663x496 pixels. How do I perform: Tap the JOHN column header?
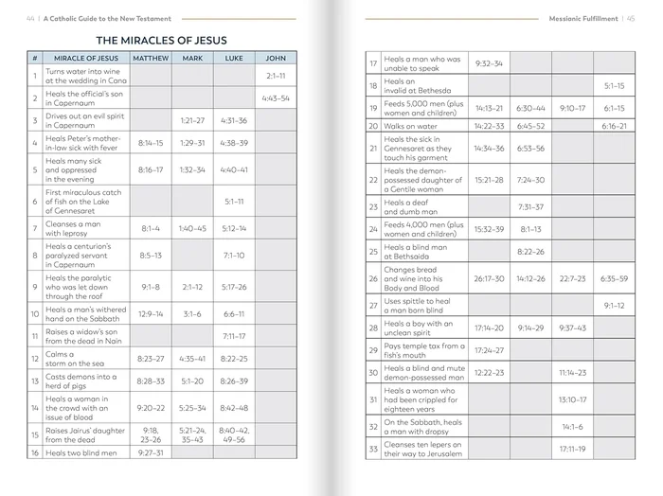[276, 59]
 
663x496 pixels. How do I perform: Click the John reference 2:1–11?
[276, 75]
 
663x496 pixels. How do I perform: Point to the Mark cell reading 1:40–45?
[192, 228]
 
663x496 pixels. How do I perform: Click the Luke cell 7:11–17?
[234, 336]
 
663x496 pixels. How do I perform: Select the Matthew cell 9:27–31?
[151, 452]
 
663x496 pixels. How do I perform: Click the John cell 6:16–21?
[614, 126]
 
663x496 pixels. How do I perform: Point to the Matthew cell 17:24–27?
[489, 350]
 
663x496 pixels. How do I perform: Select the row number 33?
[373, 449]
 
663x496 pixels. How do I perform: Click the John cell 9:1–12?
[614, 306]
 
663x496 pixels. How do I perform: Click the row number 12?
[34, 358]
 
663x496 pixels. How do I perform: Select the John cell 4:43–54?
[276, 97]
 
